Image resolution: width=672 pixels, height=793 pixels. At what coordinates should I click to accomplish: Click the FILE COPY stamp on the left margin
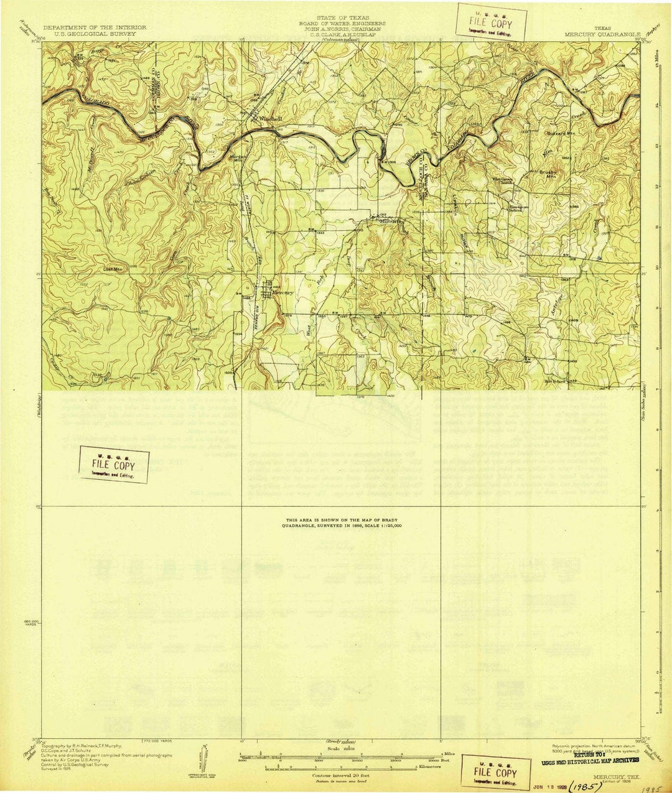[x=113, y=465]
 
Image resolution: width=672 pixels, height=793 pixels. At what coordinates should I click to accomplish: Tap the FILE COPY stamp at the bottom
[x=495, y=773]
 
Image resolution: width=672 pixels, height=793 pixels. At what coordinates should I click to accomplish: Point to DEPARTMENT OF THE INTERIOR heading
[x=95, y=28]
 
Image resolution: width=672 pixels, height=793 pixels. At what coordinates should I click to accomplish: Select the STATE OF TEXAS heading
[x=342, y=18]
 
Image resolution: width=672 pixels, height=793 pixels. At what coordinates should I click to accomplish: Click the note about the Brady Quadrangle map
[x=343, y=522]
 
